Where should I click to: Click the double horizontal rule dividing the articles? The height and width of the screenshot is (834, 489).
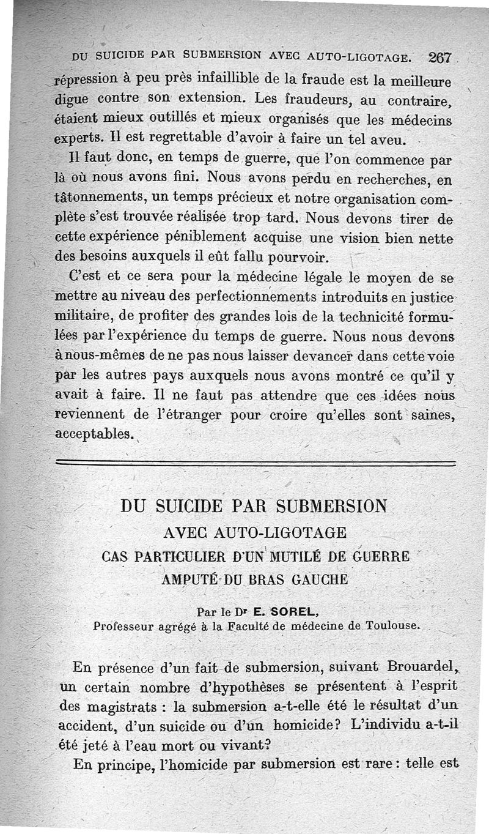point(256,463)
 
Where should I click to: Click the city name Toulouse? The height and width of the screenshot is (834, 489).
point(390,625)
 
